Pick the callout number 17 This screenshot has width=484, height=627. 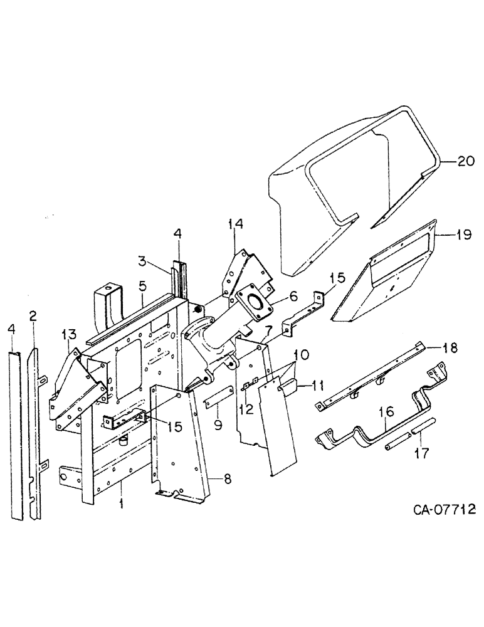(x=424, y=453)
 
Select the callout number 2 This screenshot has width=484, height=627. (x=33, y=314)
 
